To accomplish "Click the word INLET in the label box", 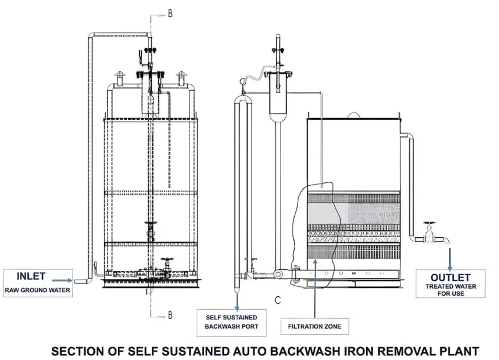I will point(31,276).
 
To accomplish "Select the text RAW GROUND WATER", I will point(37,290).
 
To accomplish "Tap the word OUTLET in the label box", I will point(450,277).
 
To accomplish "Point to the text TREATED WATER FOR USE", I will point(450,290).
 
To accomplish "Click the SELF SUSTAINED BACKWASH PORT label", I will point(231,321).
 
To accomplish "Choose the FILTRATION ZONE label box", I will point(314,326).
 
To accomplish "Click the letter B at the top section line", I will point(171,14).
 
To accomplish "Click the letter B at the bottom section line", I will point(171,313).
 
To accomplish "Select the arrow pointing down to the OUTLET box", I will point(451,257).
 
